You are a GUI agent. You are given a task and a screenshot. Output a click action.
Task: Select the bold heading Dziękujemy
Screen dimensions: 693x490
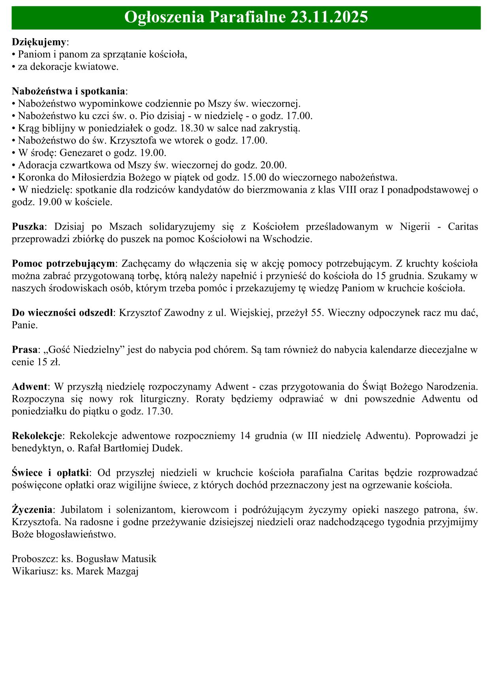39,42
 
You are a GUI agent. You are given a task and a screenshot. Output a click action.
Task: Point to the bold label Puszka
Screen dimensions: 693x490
28,227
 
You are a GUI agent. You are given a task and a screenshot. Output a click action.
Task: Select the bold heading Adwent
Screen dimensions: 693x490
30,386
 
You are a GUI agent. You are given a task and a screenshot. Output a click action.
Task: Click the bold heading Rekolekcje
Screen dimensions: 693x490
37,436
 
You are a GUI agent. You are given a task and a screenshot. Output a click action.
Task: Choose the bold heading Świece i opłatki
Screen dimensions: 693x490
51,473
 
